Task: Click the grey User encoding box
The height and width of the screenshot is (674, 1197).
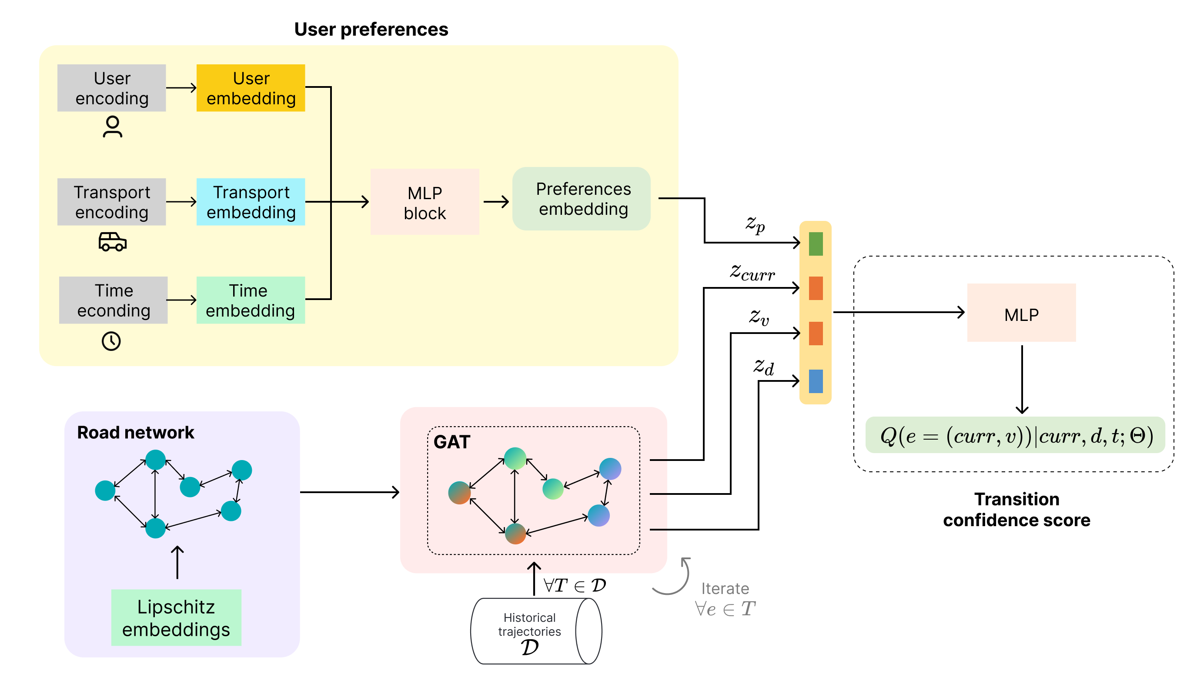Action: point(111,88)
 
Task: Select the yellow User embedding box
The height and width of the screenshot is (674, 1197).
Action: point(251,88)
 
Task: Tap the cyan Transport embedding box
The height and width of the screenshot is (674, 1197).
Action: point(251,202)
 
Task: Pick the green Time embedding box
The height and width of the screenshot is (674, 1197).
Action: point(251,300)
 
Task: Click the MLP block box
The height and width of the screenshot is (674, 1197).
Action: point(424,202)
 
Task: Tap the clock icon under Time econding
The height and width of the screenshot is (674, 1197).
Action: point(111,341)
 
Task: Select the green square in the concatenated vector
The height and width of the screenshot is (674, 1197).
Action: point(816,244)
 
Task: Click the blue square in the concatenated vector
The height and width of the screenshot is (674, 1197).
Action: point(816,381)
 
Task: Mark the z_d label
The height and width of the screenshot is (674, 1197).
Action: point(763,367)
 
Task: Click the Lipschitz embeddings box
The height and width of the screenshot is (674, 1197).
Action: point(176,617)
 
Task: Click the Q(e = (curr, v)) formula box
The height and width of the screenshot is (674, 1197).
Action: point(1015,435)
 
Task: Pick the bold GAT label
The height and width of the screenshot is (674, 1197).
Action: point(451,442)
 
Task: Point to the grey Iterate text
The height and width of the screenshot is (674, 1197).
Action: point(725,588)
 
